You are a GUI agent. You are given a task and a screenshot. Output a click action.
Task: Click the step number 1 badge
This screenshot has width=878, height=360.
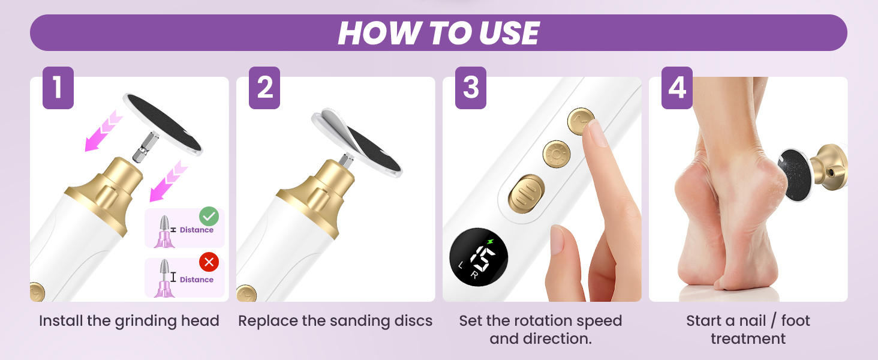click(x=58, y=88)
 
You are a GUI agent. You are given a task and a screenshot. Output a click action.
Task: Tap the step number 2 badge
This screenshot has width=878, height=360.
click(x=264, y=88)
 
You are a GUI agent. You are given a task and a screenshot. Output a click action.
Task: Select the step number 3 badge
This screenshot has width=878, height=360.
click(x=471, y=88)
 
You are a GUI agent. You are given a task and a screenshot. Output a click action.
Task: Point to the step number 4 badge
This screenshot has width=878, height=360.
click(x=677, y=88)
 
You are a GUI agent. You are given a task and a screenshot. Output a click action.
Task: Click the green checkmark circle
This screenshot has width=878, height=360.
click(x=209, y=217)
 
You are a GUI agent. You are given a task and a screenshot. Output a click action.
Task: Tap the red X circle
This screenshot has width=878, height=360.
click(x=209, y=262)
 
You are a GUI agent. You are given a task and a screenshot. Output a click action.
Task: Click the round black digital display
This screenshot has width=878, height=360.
click(x=479, y=257)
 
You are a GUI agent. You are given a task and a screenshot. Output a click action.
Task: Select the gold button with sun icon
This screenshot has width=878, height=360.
click(x=556, y=154)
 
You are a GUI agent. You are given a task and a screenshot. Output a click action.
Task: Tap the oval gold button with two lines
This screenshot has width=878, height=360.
click(x=527, y=194)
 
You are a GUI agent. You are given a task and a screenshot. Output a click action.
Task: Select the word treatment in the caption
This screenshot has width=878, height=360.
click(x=748, y=339)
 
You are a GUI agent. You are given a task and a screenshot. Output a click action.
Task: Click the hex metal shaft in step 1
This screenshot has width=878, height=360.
click(x=145, y=146)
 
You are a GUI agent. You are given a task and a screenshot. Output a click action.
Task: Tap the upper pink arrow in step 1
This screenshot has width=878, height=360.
click(x=104, y=131)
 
